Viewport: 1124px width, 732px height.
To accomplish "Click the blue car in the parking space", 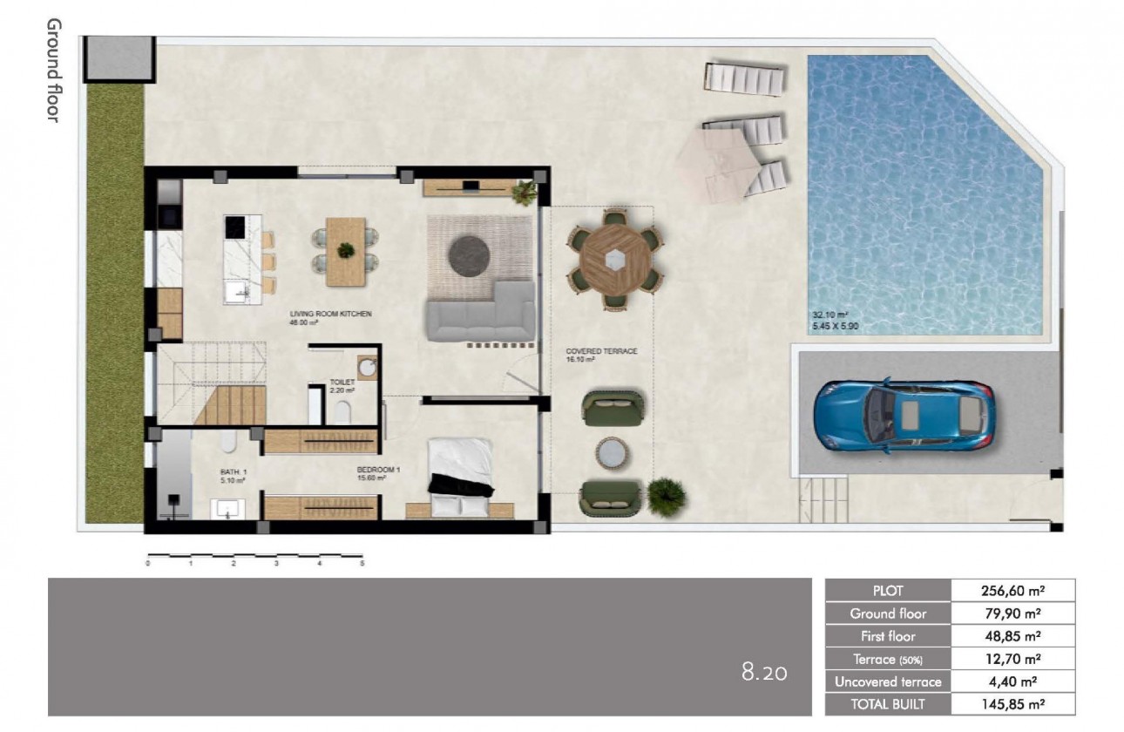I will tap(904, 416).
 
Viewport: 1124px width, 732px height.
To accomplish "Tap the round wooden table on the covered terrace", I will tap(615, 259).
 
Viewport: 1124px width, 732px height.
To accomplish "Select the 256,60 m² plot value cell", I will tap(1012, 590).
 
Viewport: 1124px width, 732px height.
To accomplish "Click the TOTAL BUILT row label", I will tap(888, 704).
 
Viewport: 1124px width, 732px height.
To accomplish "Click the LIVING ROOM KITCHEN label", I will tap(330, 314).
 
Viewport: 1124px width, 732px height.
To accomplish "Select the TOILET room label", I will tap(341, 382).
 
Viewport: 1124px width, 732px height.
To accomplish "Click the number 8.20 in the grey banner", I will tap(764, 672).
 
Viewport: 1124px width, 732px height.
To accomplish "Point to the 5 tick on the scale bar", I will tap(362, 564).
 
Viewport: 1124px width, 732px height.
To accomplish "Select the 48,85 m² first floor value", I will tap(1012, 636).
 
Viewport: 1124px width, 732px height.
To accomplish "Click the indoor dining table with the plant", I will tap(346, 251).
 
